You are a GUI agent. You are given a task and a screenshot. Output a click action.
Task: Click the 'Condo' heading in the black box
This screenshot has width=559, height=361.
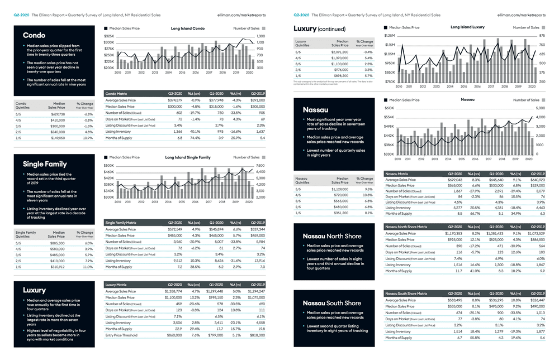[34, 35]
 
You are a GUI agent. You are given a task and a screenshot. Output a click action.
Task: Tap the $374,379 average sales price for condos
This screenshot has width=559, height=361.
[175, 100]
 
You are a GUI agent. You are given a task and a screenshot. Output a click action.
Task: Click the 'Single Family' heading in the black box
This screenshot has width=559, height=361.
[45, 164]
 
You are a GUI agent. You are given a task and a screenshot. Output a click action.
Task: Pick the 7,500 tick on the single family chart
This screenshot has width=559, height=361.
[260, 166]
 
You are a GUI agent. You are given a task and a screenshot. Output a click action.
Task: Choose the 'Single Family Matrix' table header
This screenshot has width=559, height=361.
[121, 223]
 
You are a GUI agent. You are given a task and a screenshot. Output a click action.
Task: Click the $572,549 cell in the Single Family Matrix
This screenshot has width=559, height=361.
[175, 229]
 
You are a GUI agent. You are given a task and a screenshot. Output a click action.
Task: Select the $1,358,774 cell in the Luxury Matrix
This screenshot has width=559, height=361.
[174, 291]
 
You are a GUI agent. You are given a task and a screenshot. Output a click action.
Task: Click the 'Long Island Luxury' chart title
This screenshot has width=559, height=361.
[467, 27]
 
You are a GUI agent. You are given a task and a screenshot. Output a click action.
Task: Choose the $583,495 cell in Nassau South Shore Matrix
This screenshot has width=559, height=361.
[453, 300]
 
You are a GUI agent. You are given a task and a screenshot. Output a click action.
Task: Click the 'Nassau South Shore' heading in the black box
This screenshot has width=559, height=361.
[332, 302]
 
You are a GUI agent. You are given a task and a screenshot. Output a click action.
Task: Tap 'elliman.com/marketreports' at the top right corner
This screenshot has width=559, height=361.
[521, 15]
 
